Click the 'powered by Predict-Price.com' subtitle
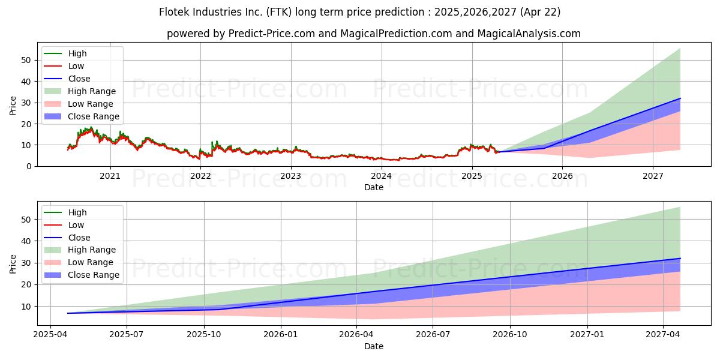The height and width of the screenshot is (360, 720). click(x=373, y=34)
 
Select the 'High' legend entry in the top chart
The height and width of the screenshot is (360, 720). click(x=77, y=53)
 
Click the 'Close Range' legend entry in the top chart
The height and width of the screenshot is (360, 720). click(x=93, y=116)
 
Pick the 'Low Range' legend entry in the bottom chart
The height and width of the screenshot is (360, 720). click(x=90, y=262)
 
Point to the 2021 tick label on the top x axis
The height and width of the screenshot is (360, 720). click(x=110, y=176)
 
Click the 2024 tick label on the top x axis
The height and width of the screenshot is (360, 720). click(x=382, y=176)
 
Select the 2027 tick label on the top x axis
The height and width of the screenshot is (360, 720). click(x=653, y=176)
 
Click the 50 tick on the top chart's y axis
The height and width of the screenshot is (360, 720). click(x=26, y=60)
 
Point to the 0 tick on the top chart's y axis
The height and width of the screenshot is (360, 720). click(x=28, y=166)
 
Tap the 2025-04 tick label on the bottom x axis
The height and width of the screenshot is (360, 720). click(x=50, y=335)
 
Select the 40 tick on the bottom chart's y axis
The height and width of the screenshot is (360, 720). click(x=26, y=241)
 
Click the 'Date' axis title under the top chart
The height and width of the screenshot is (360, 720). click(x=373, y=187)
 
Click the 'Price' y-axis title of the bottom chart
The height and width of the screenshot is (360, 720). click(x=13, y=263)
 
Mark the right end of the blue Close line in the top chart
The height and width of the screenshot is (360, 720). click(x=680, y=98)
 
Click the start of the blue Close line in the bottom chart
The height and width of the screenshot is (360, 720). click(x=67, y=313)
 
